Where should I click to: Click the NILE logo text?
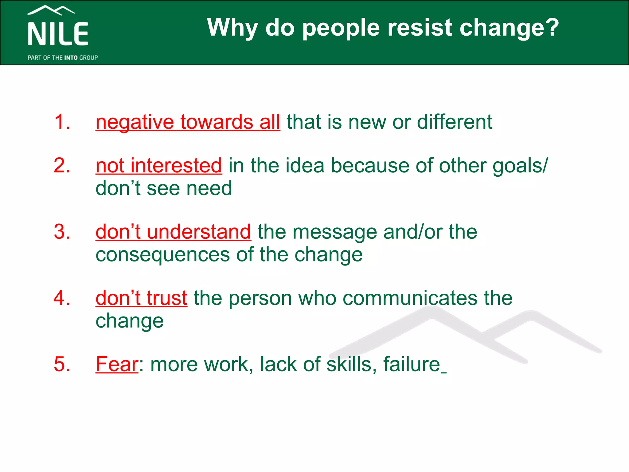tap(58, 34)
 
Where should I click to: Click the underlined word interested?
tap(176, 166)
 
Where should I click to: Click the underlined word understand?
tap(199, 232)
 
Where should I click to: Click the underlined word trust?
tap(167, 298)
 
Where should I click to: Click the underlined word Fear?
tap(117, 364)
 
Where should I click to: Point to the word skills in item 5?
tap(349, 364)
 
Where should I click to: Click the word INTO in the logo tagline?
tap(71, 58)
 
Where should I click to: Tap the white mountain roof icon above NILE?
tap(51, 10)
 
